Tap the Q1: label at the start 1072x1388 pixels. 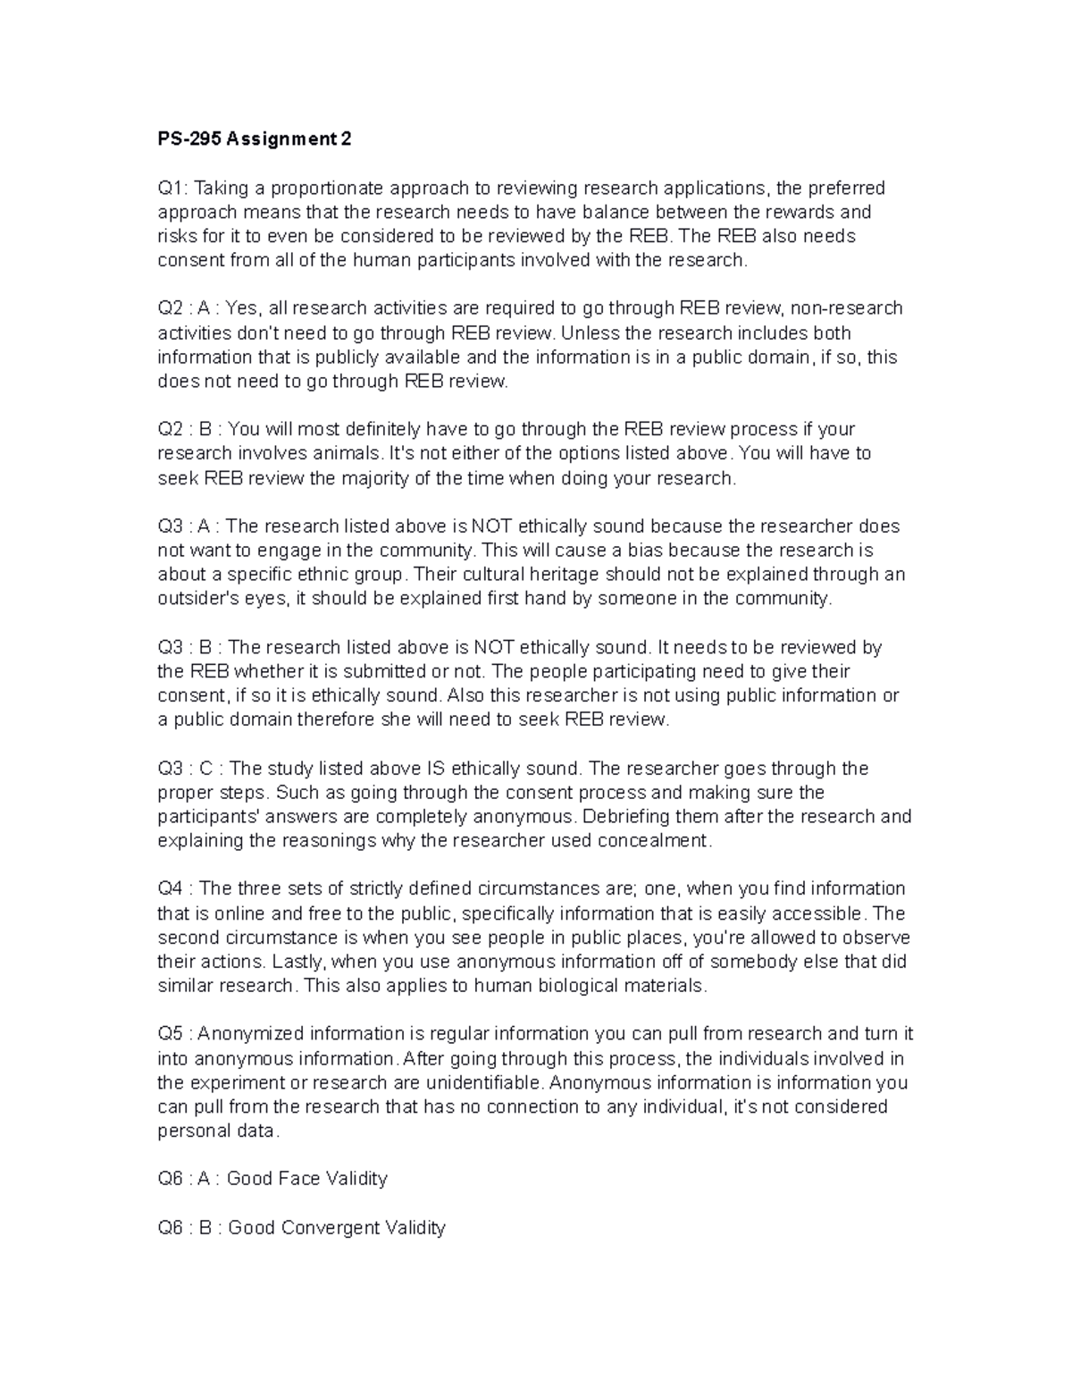click(173, 188)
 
